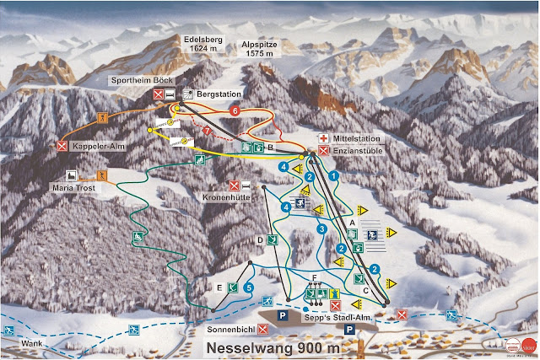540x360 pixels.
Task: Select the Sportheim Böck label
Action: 142,80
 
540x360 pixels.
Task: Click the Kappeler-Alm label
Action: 99,146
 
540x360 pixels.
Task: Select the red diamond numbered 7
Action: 208,131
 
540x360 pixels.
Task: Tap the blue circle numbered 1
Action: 333,175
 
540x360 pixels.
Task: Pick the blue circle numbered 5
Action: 248,288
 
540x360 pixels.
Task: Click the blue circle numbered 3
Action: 321,228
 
